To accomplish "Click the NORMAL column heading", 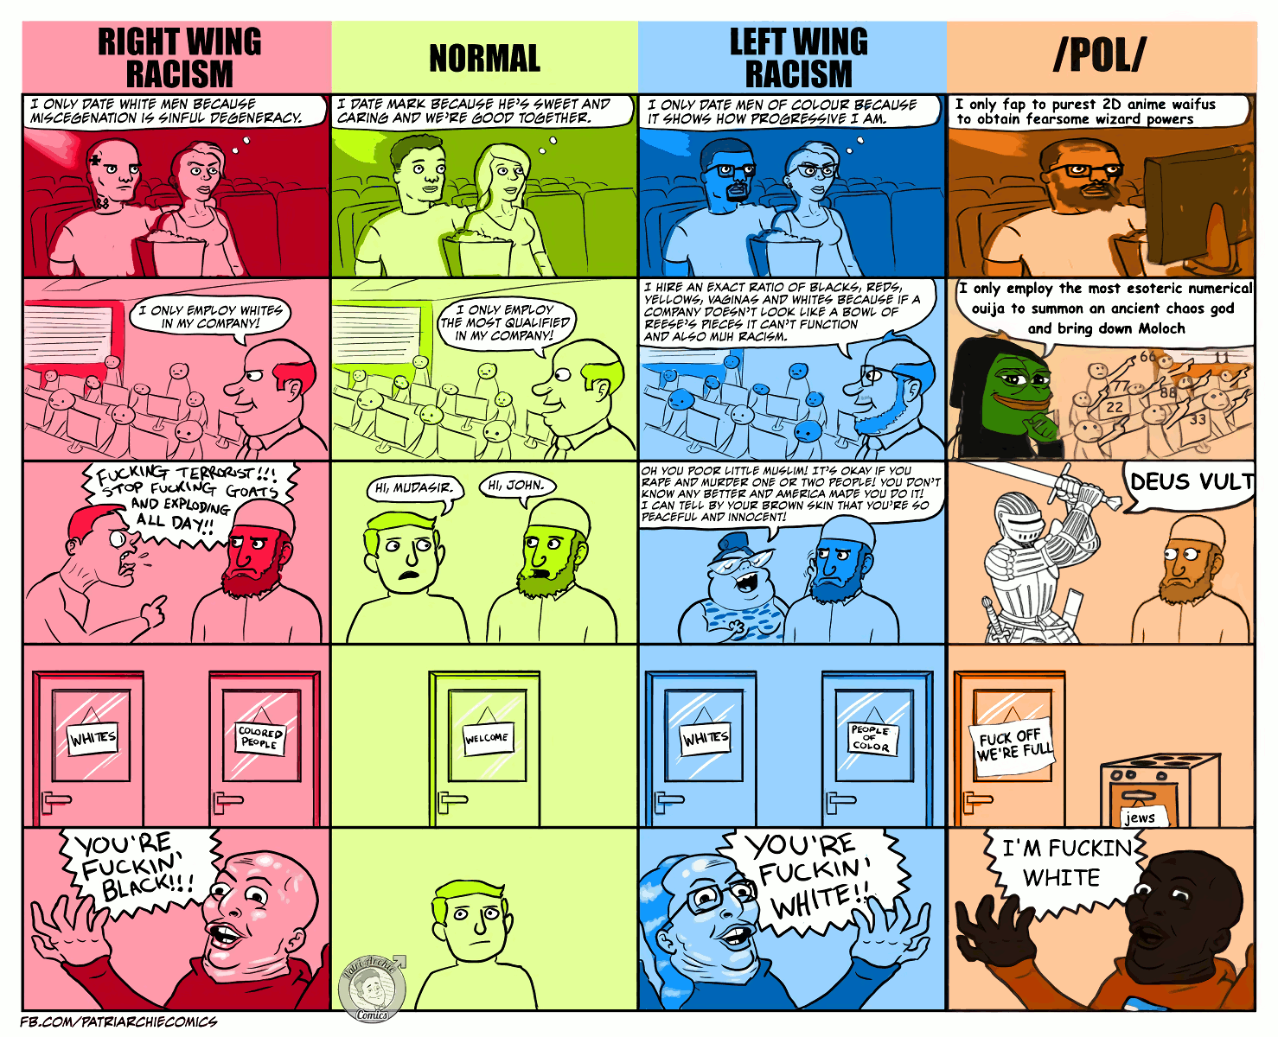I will tap(484, 59).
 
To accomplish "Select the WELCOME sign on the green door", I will tap(487, 738).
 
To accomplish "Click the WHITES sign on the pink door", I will tap(93, 738).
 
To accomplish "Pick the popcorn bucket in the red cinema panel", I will tap(177, 255).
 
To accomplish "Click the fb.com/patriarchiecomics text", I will tap(118, 1022).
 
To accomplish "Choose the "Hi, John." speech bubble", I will tap(516, 487).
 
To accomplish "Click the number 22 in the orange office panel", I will tap(1115, 407).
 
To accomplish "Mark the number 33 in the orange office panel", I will tap(1198, 420).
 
